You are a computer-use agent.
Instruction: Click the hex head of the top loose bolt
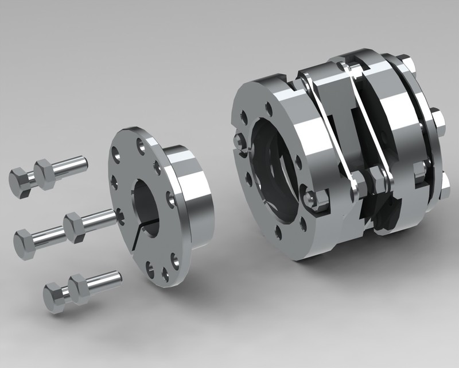tap(22, 182)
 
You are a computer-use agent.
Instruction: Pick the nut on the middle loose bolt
tap(75, 226)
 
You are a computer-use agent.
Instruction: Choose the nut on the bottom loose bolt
tap(80, 288)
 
